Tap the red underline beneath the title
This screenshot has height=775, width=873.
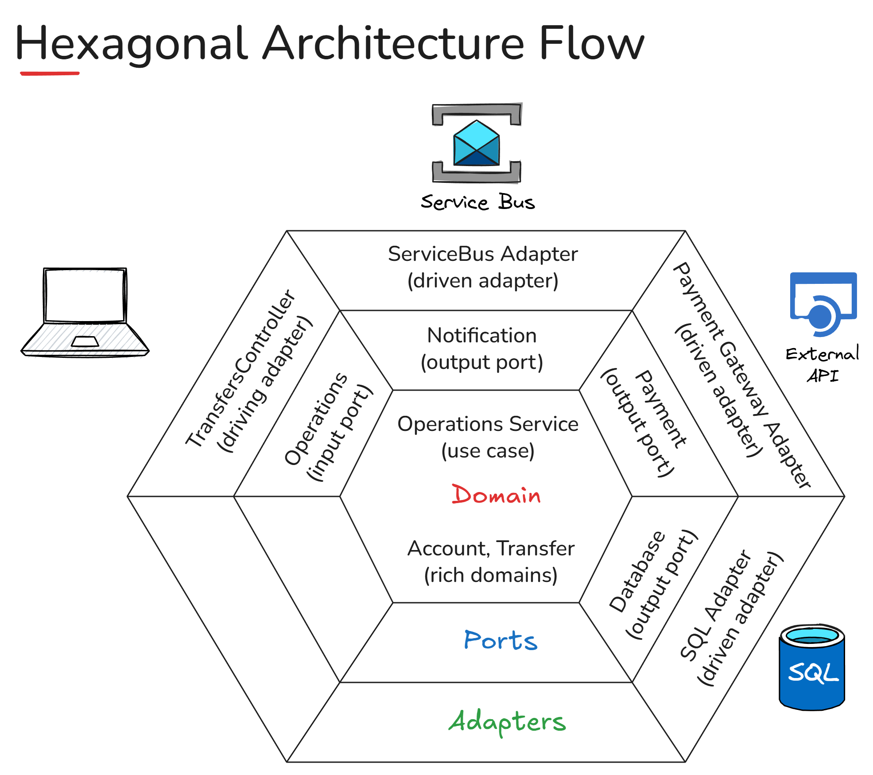[50, 73]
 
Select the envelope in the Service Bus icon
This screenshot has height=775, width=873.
[477, 143]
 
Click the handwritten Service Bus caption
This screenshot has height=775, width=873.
[477, 202]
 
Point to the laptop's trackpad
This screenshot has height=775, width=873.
[85, 341]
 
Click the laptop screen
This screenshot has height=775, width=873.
[85, 295]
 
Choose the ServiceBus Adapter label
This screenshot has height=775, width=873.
[483, 267]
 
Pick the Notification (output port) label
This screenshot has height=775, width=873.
[482, 349]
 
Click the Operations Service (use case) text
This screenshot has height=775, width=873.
[488, 437]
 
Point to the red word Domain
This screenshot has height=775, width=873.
[496, 495]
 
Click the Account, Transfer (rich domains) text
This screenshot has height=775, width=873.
[491, 562]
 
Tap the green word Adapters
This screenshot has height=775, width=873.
[508, 722]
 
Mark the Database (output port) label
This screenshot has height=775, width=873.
[653, 585]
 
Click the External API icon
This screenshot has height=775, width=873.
[823, 304]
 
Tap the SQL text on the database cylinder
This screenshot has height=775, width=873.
[813, 673]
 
